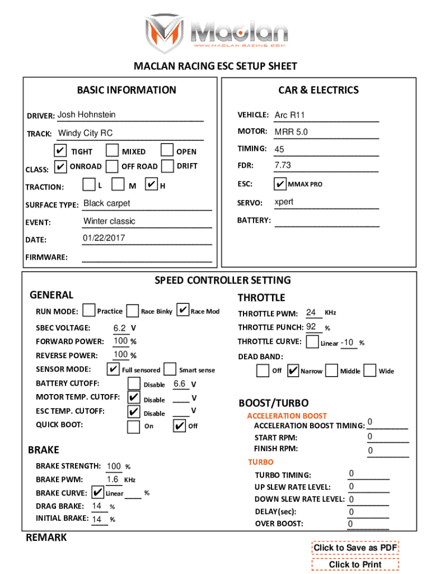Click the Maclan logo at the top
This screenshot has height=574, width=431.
point(215,31)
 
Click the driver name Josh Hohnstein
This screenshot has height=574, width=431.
point(87,115)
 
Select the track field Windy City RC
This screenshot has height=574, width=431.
point(86,133)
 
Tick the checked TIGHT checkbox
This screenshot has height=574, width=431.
point(60,151)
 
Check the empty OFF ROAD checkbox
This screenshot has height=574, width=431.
point(113,166)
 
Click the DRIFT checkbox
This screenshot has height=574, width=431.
point(167,166)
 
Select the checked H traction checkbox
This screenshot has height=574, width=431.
point(151,184)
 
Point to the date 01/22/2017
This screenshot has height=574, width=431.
point(104,238)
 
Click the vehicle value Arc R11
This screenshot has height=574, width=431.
point(289,115)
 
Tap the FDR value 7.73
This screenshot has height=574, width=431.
point(283,166)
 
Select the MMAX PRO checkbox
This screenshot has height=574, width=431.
point(280,184)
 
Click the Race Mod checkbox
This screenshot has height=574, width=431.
point(182,311)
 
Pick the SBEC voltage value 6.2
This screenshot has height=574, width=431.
point(119,328)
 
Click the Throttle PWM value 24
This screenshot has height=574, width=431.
point(311,313)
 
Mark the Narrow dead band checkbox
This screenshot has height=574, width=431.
point(293,371)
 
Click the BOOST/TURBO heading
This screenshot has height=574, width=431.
point(274,403)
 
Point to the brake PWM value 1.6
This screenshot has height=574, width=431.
point(113,480)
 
